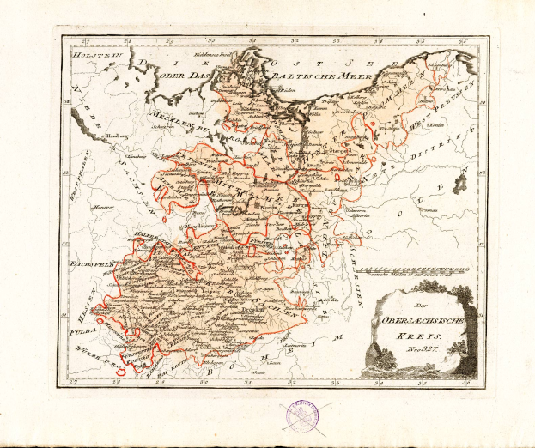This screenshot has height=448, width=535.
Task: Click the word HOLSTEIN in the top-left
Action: click(89, 55)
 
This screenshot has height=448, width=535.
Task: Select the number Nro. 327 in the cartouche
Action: click(417, 352)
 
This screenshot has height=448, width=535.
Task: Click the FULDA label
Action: click(85, 302)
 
